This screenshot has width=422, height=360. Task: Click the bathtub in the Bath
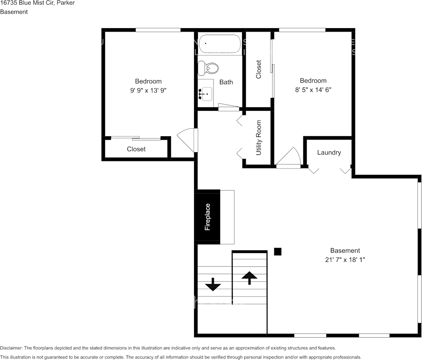click(x=220, y=44)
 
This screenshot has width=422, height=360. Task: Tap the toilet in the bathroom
click(x=209, y=68)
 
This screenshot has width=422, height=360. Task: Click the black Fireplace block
click(x=207, y=217)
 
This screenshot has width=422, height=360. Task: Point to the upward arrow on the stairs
click(x=249, y=277)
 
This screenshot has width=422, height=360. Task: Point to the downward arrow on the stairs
click(x=213, y=284)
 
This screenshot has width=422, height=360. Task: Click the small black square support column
click(x=278, y=251)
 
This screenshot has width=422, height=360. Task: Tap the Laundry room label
click(x=329, y=153)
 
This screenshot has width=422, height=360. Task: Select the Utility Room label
click(x=259, y=138)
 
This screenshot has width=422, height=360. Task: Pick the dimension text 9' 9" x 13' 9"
click(x=148, y=91)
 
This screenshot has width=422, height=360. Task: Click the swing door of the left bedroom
click(x=188, y=139)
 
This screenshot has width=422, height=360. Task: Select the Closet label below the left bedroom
click(x=136, y=149)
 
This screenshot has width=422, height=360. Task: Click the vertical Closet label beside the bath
click(x=259, y=69)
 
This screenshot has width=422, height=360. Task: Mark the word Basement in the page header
click(x=14, y=12)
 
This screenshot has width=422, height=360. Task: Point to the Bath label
click(x=226, y=82)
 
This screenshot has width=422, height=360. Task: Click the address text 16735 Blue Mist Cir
click(x=27, y=3)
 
